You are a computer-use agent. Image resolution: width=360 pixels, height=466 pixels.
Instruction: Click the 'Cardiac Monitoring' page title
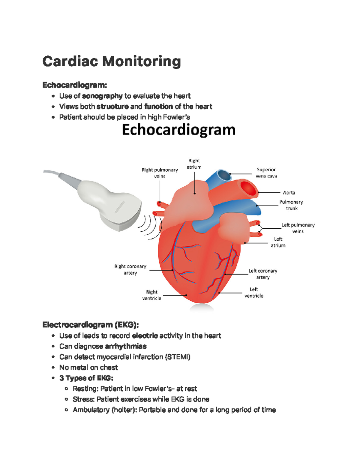111,62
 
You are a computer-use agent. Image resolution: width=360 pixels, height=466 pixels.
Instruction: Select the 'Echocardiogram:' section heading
74,85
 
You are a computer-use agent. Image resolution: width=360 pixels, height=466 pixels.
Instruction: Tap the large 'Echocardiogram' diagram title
178,130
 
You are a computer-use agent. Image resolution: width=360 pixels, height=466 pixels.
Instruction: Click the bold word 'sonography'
102,96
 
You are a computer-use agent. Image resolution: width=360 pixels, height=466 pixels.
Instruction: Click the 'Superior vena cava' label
266,173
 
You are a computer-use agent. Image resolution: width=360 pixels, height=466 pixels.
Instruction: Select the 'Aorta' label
289,193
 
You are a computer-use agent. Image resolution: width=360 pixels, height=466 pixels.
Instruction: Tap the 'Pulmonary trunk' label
291,205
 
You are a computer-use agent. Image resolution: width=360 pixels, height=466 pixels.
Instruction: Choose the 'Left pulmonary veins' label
298,228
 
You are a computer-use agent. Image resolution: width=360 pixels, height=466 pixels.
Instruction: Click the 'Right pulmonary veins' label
160,173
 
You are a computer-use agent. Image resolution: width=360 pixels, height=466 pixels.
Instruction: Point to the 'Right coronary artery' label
130,269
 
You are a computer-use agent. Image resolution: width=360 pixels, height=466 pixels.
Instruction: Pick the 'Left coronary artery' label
263,274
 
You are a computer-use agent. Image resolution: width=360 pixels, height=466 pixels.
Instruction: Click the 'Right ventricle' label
151,295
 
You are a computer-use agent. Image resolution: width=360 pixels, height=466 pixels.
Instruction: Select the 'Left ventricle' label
254,293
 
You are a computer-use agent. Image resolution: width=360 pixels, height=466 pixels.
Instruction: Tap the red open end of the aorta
248,188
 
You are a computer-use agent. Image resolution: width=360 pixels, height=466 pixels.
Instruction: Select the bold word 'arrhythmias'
126,346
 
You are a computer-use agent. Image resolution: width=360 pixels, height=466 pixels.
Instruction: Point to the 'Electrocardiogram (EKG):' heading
90,325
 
